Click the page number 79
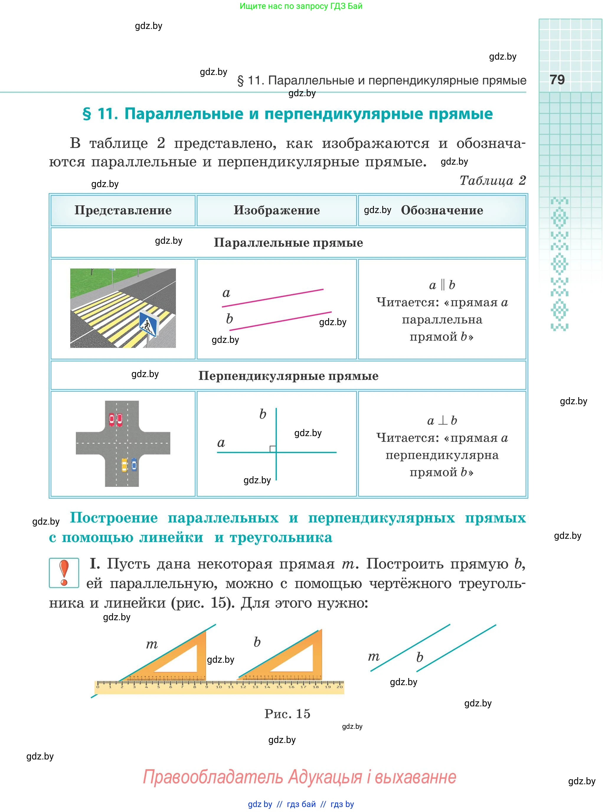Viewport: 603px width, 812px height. pyautogui.click(x=557, y=80)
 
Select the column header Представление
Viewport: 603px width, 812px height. pyautogui.click(x=123, y=210)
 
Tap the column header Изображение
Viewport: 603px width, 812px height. pyautogui.click(x=277, y=210)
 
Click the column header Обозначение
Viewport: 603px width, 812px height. pyautogui.click(x=442, y=210)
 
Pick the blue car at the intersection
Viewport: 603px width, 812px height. pyautogui.click(x=134, y=464)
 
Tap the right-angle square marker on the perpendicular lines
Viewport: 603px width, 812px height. pyautogui.click(x=273, y=449)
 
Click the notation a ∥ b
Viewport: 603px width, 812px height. pyautogui.click(x=442, y=285)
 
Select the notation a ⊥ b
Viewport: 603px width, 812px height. pyautogui.click(x=442, y=420)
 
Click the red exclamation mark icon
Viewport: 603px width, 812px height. pyautogui.click(x=64, y=573)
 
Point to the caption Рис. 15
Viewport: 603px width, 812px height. pyautogui.click(x=287, y=713)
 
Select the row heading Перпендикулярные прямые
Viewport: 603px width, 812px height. pyautogui.click(x=288, y=376)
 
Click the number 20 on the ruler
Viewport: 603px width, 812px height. pyautogui.click(x=339, y=687)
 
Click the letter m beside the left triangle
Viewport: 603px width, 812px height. pyautogui.click(x=152, y=644)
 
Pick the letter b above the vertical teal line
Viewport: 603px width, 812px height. pyautogui.click(x=263, y=414)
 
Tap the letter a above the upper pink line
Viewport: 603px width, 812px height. pyautogui.click(x=226, y=293)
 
